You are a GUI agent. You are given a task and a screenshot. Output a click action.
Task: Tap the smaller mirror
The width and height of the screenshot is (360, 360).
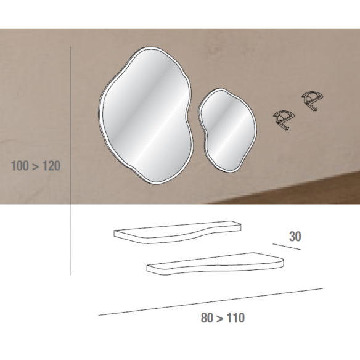227,129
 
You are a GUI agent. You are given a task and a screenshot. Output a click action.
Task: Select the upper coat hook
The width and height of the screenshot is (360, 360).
313,100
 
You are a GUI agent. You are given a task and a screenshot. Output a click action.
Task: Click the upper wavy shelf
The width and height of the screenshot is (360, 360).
178,232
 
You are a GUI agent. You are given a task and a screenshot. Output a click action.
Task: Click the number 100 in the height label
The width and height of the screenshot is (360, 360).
20,166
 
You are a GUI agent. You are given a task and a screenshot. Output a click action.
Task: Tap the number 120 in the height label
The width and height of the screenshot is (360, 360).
51,166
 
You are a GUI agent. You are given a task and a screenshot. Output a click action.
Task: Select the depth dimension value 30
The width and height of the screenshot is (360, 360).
295,237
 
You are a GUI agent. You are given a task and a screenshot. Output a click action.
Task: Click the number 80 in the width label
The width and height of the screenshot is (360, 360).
207,318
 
